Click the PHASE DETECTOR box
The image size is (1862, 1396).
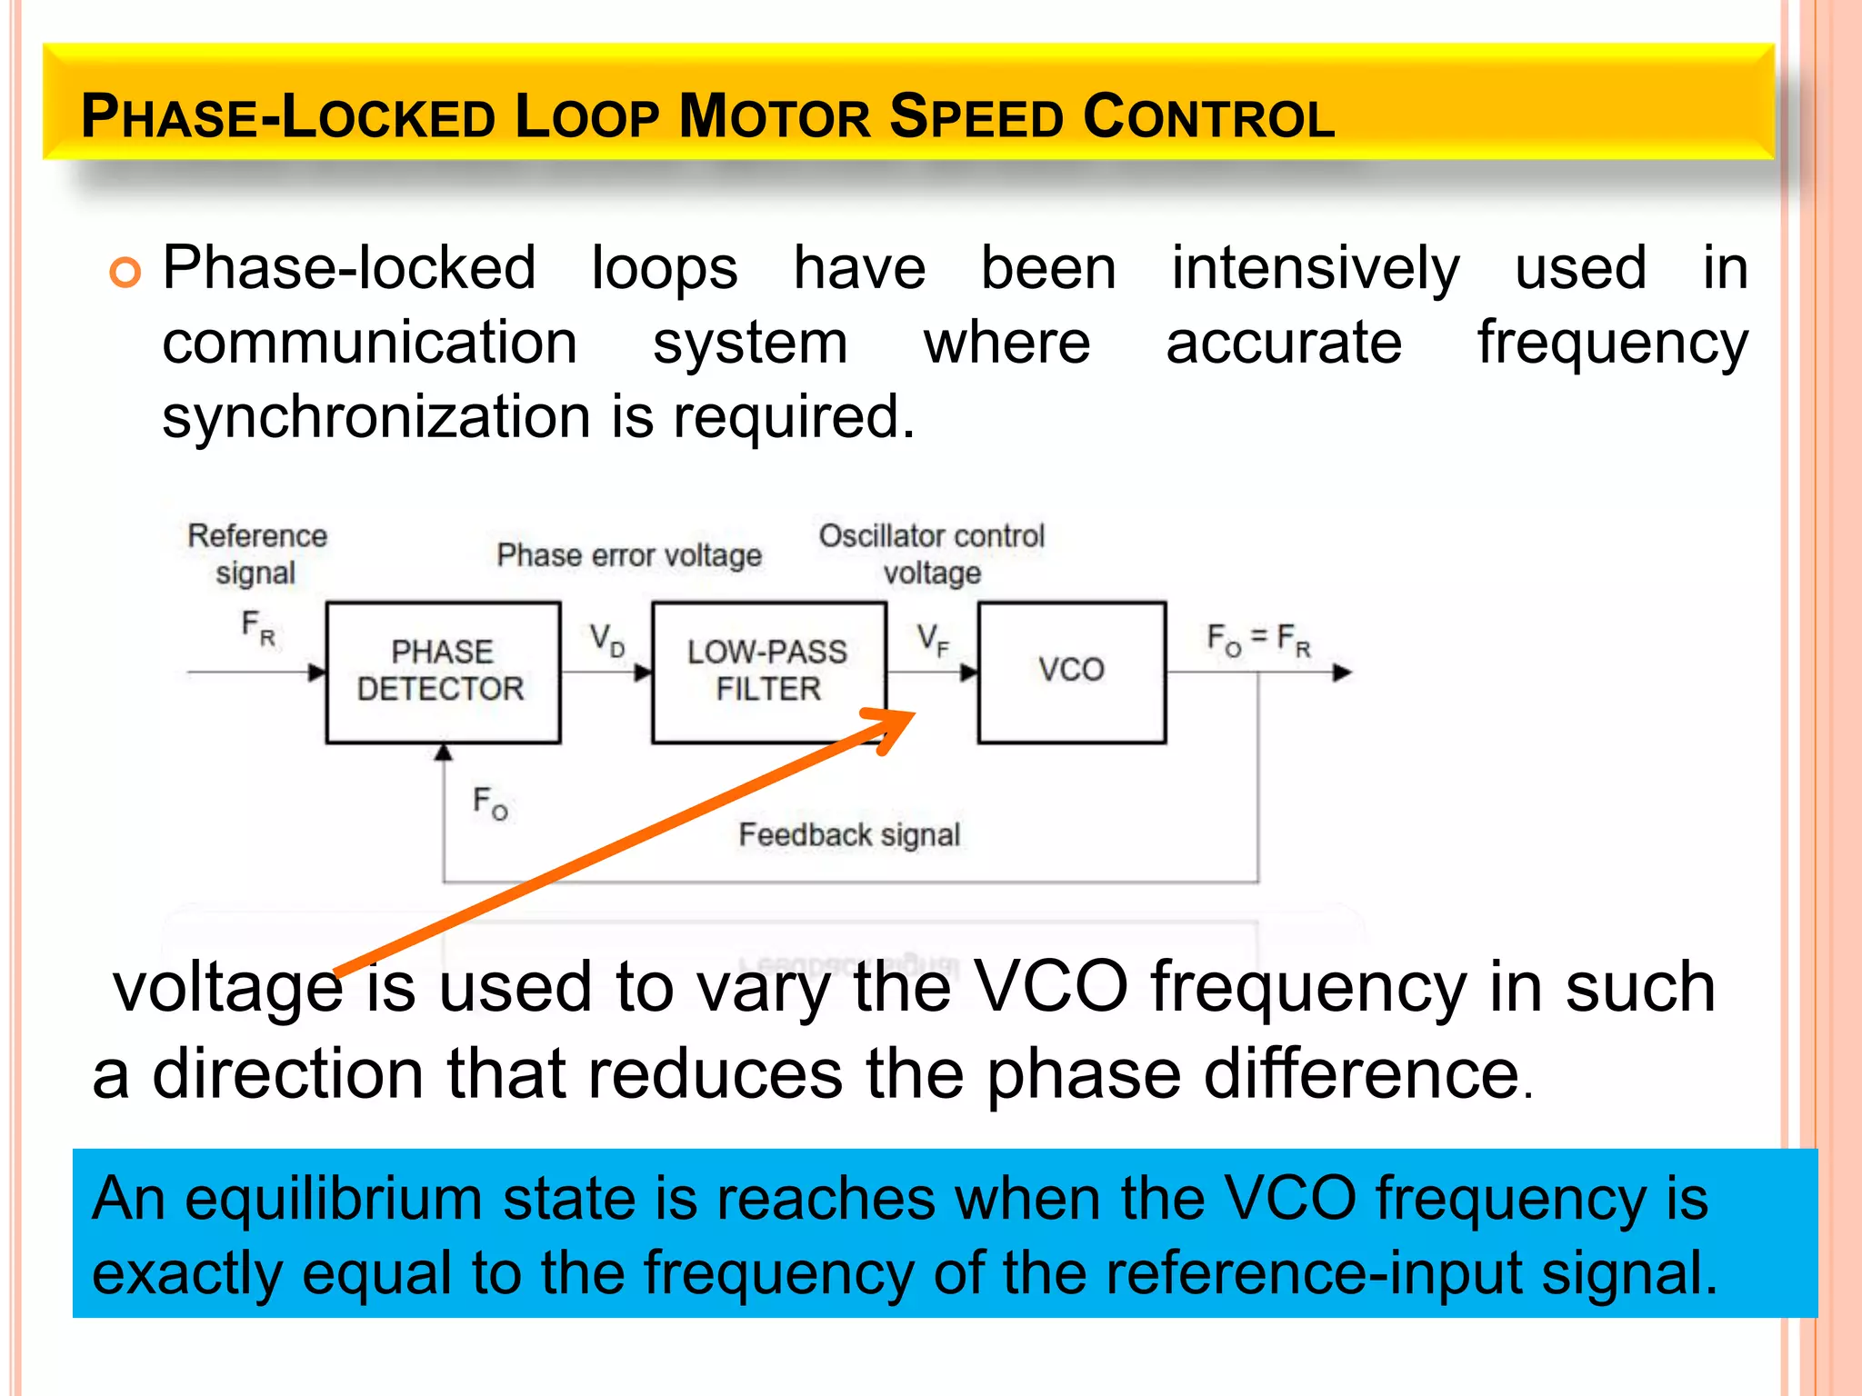443,672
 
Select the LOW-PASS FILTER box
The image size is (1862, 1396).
768,672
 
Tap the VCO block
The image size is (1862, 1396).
1071,672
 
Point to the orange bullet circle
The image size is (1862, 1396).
125,272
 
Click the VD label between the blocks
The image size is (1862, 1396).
606,640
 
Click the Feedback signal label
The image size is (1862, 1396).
849,834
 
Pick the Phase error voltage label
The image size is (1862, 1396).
629,555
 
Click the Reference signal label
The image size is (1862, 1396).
257,553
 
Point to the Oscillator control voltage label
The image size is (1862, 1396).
932,553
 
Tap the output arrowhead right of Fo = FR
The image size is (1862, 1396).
1342,673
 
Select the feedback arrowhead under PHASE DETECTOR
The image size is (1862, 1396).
444,752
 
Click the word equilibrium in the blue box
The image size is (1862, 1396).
333,1199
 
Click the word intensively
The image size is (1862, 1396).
1315,269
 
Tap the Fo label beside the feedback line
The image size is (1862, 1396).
490,803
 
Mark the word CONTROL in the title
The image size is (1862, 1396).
1209,117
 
